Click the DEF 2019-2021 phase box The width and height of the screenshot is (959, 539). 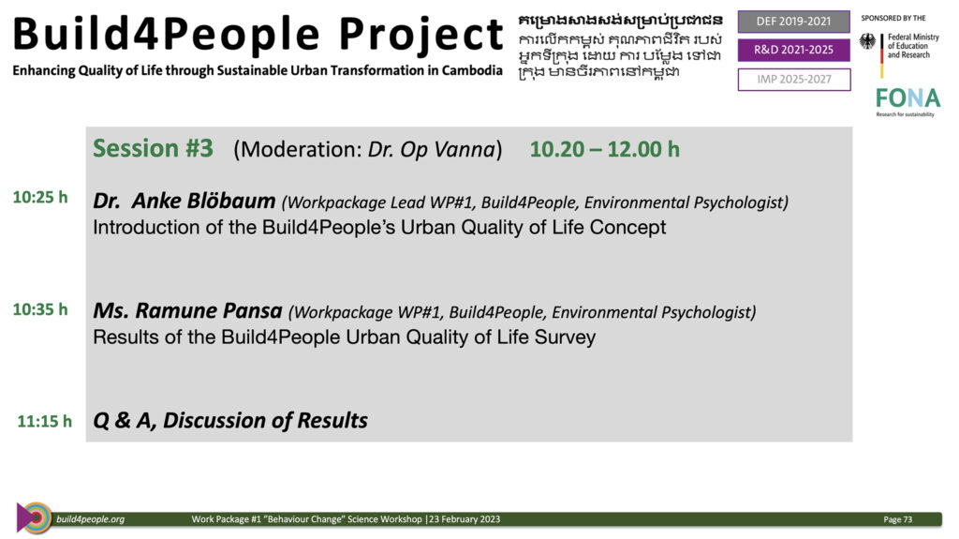point(794,22)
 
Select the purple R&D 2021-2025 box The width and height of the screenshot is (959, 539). point(794,51)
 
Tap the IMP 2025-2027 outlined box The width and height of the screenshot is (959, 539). point(794,80)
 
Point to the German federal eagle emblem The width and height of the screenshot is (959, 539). point(867,41)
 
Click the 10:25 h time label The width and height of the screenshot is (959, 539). point(40,197)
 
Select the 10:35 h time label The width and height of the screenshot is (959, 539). point(40,309)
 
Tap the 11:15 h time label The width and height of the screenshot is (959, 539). point(45,422)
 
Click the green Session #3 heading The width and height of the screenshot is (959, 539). point(153,149)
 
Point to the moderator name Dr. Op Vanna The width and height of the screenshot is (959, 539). point(431,149)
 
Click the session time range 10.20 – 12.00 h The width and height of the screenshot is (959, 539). point(605,149)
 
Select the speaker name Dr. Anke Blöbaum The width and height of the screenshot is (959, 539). point(184,201)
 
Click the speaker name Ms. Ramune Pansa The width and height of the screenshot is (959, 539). point(187,310)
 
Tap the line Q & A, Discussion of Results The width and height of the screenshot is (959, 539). point(230,421)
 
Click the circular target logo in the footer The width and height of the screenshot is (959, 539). point(36,518)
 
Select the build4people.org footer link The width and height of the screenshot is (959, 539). point(91,519)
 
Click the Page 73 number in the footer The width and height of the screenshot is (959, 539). point(898,519)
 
